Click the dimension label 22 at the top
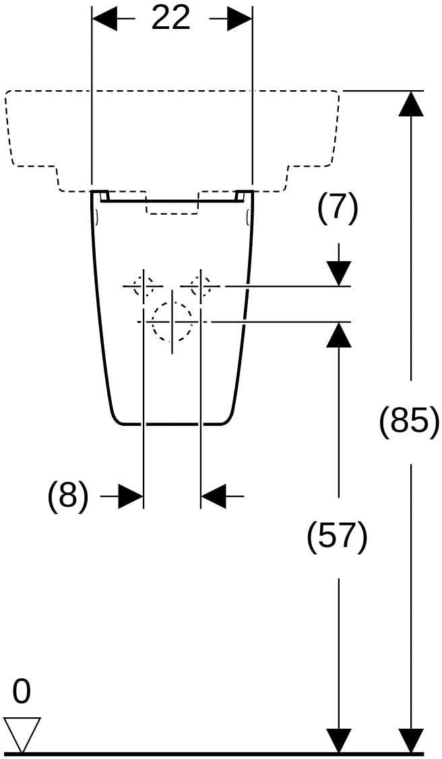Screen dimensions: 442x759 point(172,19)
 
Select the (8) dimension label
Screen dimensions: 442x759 point(68,497)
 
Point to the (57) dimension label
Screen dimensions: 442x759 point(338,538)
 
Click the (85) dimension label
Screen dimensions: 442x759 point(410,422)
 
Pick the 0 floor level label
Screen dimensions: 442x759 point(22,692)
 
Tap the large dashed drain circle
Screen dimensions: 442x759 point(172,321)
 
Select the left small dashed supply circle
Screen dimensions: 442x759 point(144,286)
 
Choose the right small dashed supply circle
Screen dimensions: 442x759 point(201,286)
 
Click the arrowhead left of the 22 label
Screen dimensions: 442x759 point(104,20)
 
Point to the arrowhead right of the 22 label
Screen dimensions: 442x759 point(240,20)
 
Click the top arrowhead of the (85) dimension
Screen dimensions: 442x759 point(411,104)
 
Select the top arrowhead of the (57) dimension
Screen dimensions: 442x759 point(338,334)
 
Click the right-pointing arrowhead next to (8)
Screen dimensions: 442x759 point(131,496)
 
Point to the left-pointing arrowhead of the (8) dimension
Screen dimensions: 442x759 point(213,496)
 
